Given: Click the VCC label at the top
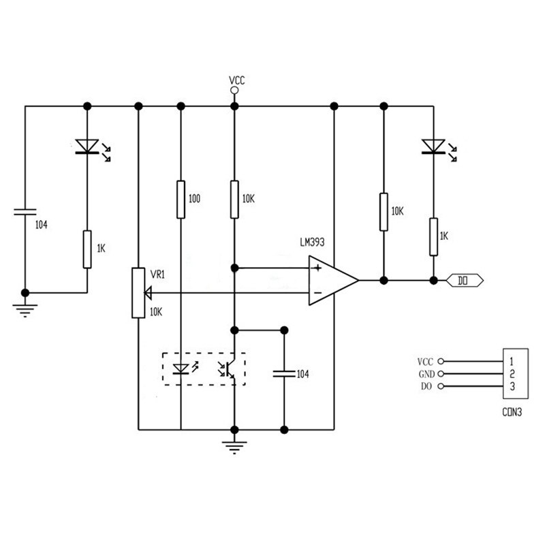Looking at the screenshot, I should pos(236,80).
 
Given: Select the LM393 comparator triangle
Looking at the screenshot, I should pos(332,279).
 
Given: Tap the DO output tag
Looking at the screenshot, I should pos(465,279).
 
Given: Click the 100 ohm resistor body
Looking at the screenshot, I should pos(181,199).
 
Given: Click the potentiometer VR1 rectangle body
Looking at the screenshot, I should pos(138,293).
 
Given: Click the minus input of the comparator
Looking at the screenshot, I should pos(317,293).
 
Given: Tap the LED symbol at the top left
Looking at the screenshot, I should pos(87,146).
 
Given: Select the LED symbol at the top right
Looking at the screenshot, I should pos(432,146).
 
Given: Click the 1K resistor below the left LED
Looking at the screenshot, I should pos(87,249).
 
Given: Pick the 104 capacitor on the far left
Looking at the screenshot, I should pos(25,213).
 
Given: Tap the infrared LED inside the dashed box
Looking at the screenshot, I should pos(181,369).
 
